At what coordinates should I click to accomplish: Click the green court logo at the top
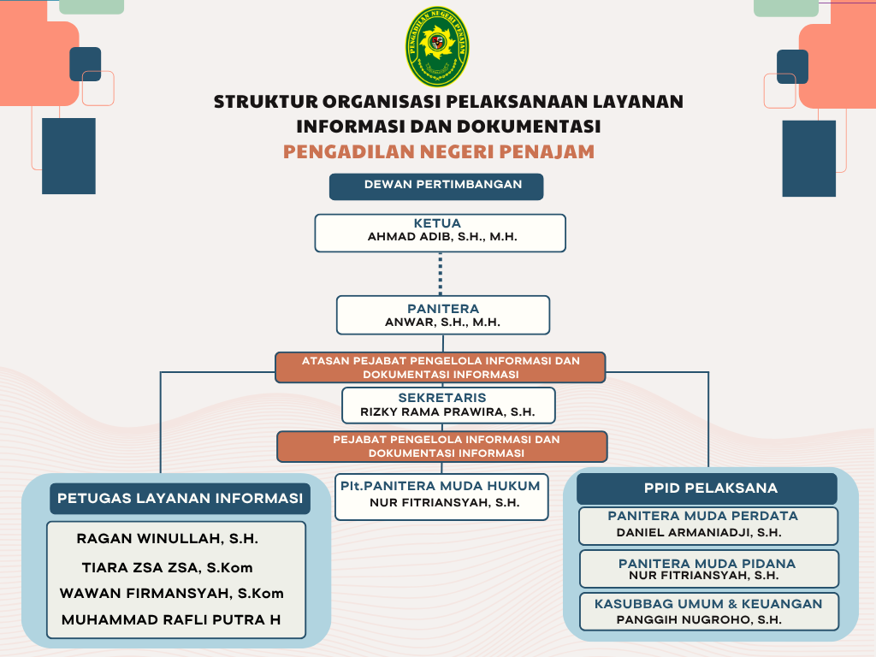click(x=437, y=46)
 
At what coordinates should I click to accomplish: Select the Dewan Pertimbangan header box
click(x=436, y=186)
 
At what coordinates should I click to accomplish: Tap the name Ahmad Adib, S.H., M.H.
click(x=442, y=237)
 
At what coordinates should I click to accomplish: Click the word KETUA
click(x=437, y=223)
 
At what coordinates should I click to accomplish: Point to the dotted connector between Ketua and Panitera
click(x=441, y=274)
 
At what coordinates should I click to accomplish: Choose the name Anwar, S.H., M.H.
click(x=442, y=323)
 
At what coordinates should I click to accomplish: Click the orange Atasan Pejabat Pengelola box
click(x=441, y=368)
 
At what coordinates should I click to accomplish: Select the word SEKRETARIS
click(x=442, y=398)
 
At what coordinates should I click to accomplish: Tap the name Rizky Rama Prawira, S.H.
click(x=447, y=412)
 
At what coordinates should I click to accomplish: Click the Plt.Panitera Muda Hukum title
click(x=441, y=486)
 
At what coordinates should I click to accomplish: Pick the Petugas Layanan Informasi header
click(x=180, y=499)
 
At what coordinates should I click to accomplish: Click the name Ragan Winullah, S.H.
click(x=168, y=539)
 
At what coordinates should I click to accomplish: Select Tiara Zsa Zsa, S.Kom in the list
click(x=167, y=568)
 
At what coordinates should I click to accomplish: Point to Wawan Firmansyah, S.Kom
click(x=171, y=594)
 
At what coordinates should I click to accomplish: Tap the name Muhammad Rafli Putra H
click(x=171, y=620)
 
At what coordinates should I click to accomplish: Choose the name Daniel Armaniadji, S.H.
click(x=699, y=532)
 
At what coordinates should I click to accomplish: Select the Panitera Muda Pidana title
click(x=707, y=564)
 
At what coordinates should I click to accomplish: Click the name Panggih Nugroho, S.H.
click(x=699, y=619)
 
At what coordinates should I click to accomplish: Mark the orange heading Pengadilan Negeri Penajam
click(x=439, y=152)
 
